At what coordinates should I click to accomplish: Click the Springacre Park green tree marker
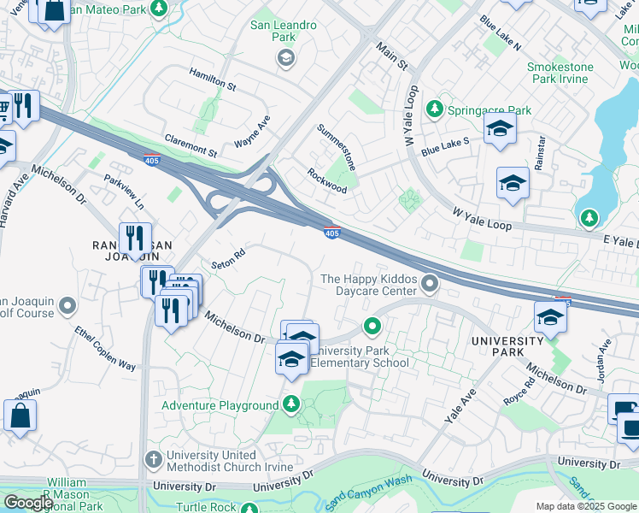tap(436, 109)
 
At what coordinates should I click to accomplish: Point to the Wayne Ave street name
tap(252, 133)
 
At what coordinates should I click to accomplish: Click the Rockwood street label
tap(327, 180)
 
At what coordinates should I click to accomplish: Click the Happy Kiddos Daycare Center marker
tap(431, 282)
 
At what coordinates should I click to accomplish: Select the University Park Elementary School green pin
tap(372, 326)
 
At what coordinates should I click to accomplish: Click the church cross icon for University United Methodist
tap(153, 459)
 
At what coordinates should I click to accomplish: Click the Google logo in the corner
tap(28, 503)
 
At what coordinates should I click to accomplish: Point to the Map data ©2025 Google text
tap(586, 506)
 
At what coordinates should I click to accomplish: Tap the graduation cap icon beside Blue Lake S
tap(500, 130)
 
